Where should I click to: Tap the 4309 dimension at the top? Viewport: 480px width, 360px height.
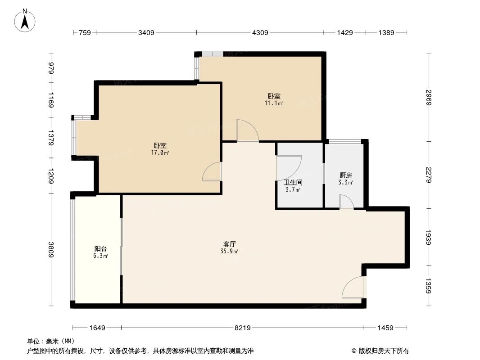click(x=260, y=32)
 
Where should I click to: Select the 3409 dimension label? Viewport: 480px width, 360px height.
click(x=146, y=32)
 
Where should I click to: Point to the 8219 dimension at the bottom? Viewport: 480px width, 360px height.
click(x=242, y=328)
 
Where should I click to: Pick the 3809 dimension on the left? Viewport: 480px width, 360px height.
click(x=51, y=250)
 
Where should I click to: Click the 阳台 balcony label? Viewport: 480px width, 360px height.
click(x=100, y=248)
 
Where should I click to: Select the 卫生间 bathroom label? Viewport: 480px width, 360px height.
click(x=293, y=183)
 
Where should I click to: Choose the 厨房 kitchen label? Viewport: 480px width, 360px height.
click(x=345, y=175)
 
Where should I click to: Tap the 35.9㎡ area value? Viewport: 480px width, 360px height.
click(x=230, y=251)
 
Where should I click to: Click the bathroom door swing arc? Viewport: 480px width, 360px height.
click(x=289, y=167)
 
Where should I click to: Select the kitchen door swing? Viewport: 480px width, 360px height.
click(x=346, y=202)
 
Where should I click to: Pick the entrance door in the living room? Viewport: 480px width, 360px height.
click(x=353, y=288)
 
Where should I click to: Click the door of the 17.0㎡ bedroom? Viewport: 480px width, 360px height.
click(x=212, y=172)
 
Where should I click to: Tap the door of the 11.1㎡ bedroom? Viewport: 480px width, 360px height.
click(x=248, y=130)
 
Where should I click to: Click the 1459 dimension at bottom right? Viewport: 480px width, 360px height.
click(x=386, y=328)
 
